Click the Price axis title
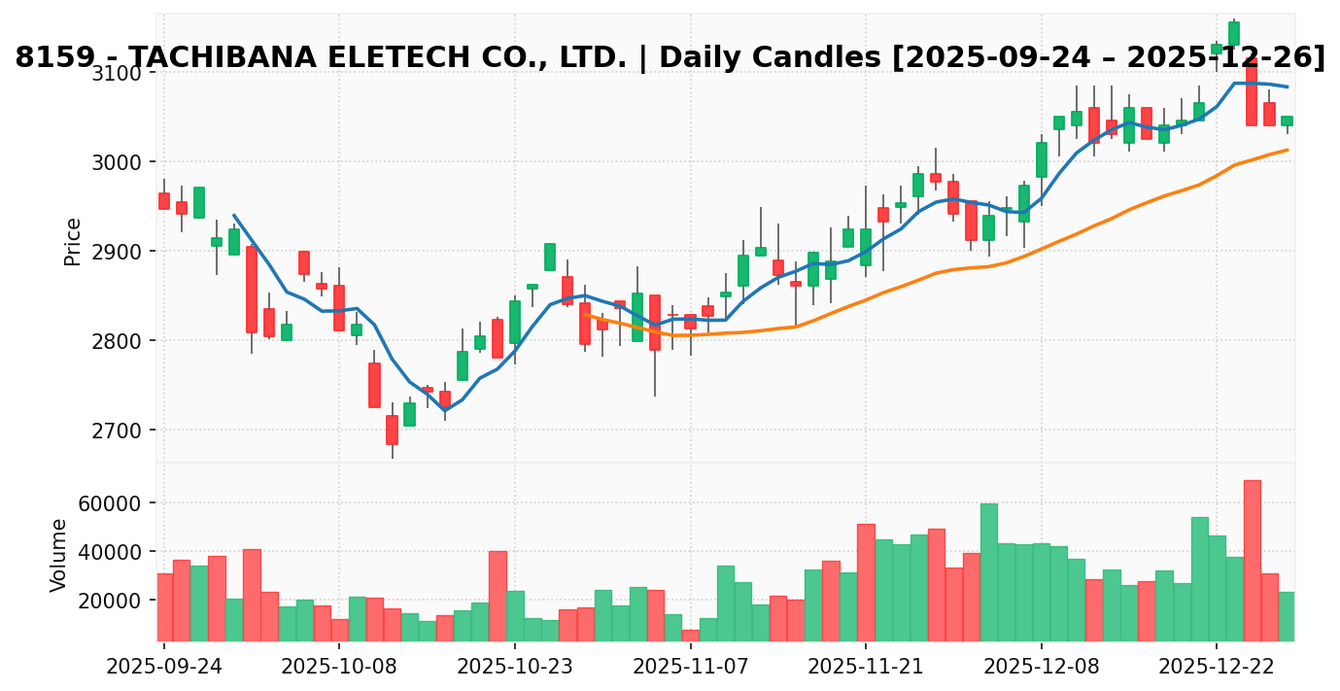point(73,241)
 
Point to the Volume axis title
point(59,554)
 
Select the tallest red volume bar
point(1252,561)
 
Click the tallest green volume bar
point(988,572)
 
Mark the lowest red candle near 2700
point(392,430)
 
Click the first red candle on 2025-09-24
point(163,201)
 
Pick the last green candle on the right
point(1287,121)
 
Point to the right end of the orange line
point(1288,150)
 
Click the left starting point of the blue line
point(233,215)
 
